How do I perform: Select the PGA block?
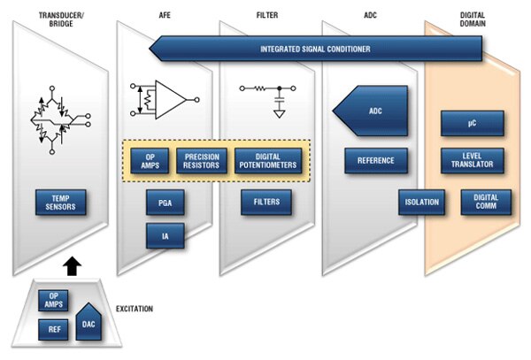(164, 203)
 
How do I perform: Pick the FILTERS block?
(266, 203)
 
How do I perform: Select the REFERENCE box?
(376, 160)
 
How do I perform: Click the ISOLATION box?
(422, 202)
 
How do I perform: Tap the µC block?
(472, 123)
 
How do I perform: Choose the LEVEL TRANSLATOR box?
(472, 160)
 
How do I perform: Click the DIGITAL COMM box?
(486, 202)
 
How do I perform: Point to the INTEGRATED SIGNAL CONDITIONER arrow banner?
(315, 49)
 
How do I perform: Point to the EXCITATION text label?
(135, 309)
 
